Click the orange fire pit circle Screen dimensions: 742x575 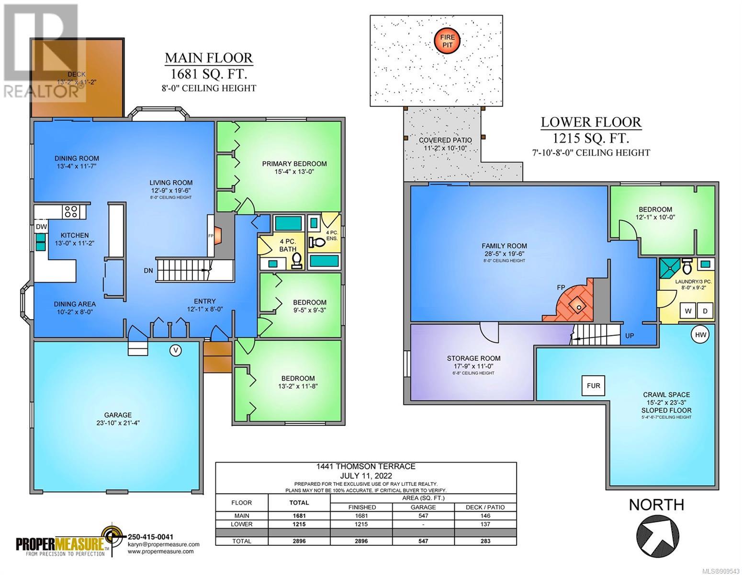click(447, 41)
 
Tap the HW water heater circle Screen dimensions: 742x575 click(700, 335)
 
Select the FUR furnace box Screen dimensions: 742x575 click(593, 386)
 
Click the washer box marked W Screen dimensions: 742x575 click(688, 311)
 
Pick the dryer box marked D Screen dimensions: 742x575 click(705, 311)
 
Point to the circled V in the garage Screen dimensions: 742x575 click(176, 350)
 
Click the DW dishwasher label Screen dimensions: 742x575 click(41, 227)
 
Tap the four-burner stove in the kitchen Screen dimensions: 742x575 click(71, 212)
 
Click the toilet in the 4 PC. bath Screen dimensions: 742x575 click(297, 261)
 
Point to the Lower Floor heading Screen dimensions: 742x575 click(591, 122)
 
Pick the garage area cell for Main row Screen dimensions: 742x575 click(423, 516)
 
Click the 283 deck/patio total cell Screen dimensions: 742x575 click(485, 541)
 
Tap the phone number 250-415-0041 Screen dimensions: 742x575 click(151, 537)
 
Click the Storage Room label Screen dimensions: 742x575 click(473, 358)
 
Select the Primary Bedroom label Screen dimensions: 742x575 click(294, 164)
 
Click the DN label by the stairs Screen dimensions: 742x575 click(148, 271)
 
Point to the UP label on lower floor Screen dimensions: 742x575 click(630, 335)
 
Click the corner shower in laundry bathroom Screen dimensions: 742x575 click(669, 268)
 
